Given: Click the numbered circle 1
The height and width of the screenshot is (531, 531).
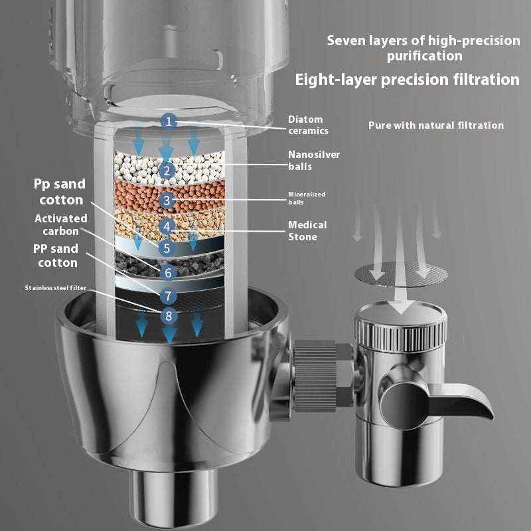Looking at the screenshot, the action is [169, 121].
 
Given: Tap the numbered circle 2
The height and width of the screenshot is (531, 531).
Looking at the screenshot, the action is [167, 171].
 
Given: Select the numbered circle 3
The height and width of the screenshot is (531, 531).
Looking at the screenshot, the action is [167, 200].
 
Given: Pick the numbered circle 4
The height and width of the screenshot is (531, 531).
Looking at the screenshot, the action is [167, 226].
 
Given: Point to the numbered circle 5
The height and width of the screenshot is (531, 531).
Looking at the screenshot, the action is [167, 248].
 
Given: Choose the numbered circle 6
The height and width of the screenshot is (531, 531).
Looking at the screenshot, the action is [169, 273].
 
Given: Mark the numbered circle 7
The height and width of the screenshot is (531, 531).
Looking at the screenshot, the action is [168, 296].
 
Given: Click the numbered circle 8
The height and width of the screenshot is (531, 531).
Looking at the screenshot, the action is [169, 316].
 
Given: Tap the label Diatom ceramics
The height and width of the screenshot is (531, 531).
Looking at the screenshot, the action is [308, 125].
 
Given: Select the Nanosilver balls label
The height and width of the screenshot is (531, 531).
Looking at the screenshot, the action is [313, 160].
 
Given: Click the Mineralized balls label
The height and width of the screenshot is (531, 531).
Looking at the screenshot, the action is [307, 198].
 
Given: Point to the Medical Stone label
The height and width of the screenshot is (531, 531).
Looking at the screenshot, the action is [307, 230].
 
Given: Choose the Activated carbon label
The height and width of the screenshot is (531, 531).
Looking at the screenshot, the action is [61, 224].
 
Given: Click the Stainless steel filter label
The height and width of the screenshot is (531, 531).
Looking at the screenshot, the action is [56, 288].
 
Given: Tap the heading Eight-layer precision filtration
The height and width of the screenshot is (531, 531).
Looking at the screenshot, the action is [407, 80].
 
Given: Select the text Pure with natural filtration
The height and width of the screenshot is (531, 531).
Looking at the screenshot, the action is [436, 125].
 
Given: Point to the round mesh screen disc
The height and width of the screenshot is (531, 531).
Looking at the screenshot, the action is [401, 274].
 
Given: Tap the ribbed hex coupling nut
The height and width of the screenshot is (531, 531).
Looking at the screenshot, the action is [323, 375].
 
